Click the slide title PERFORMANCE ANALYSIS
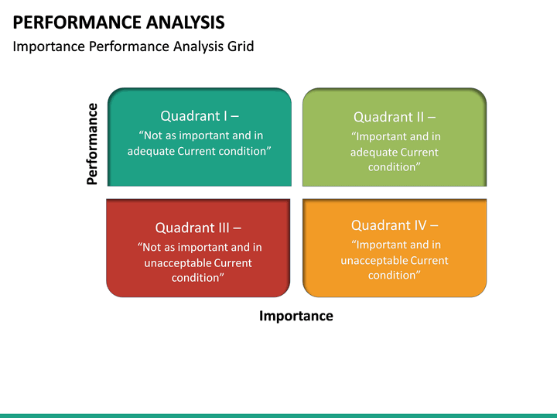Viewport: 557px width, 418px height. point(119,21)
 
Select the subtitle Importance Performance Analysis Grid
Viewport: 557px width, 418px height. point(133,46)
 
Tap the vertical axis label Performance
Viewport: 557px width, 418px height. point(92,144)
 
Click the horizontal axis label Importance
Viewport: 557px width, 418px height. point(296,316)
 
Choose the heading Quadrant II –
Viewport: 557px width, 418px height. point(394,117)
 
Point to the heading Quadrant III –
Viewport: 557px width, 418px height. point(198,228)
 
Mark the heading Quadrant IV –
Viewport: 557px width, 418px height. point(394,225)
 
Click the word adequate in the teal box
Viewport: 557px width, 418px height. point(151,151)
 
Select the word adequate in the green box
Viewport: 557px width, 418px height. point(373,152)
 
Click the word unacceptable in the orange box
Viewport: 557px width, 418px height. point(374,260)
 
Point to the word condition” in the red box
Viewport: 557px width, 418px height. point(198,278)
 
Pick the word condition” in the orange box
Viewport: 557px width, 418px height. point(394,275)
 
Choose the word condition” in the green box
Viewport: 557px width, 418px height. point(394,166)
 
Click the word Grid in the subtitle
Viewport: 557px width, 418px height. point(241,46)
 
